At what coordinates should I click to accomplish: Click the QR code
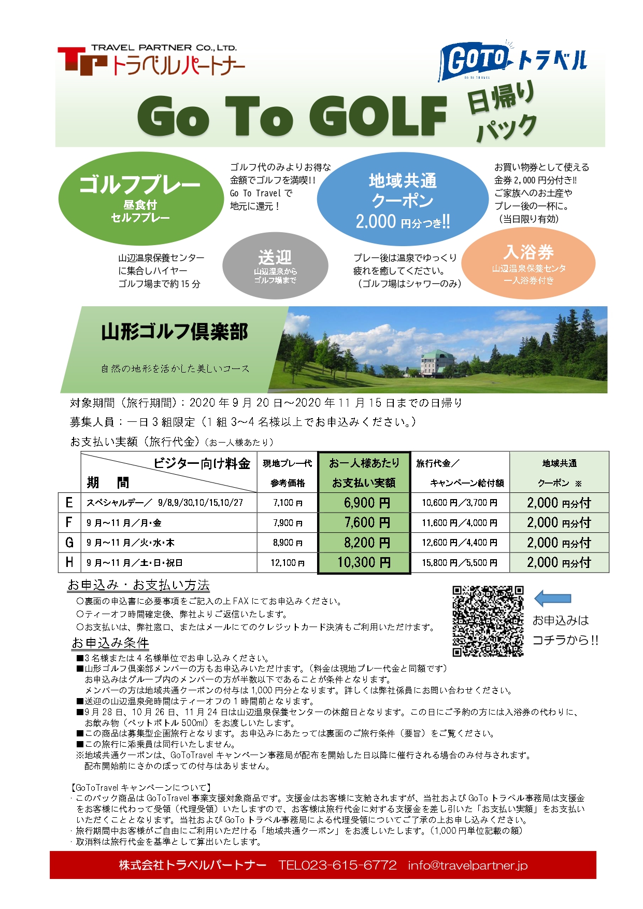(x=488, y=621)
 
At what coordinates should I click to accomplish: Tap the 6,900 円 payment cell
(x=364, y=503)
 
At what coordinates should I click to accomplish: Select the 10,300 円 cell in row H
(x=364, y=563)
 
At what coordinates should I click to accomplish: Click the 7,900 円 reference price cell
(x=288, y=523)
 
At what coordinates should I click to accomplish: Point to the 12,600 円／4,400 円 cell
(x=460, y=543)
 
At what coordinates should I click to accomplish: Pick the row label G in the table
(x=69, y=543)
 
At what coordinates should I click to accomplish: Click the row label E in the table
(x=69, y=503)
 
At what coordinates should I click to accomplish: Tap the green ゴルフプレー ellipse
(x=140, y=199)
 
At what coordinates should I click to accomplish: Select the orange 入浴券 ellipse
(x=528, y=264)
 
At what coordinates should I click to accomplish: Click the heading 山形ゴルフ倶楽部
(x=175, y=332)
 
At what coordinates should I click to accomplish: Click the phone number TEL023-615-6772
(x=337, y=865)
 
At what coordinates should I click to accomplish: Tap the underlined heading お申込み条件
(x=110, y=643)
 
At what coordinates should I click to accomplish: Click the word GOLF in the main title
(x=378, y=116)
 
